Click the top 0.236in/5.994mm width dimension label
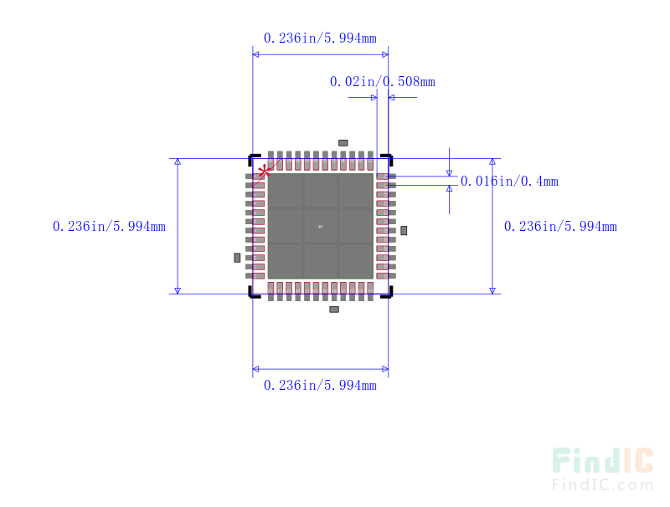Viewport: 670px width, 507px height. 320,38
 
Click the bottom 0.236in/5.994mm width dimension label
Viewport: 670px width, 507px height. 320,385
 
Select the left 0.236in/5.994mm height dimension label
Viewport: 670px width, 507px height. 109,226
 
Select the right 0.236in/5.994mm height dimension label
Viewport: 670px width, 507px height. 560,226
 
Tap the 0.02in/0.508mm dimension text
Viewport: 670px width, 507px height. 382,81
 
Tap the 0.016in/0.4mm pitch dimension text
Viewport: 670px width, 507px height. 509,181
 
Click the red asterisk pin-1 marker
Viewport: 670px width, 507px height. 264,172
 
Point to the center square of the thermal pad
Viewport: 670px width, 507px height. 320,226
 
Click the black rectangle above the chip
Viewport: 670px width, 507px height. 343,143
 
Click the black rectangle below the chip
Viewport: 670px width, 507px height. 334,309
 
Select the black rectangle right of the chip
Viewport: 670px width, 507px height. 404,230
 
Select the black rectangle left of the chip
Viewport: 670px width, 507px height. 237,257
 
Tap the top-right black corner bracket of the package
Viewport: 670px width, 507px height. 387,157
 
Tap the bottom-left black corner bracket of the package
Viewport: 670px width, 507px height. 252,292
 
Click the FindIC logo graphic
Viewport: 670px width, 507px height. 602,461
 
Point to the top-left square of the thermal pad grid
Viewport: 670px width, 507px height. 285,191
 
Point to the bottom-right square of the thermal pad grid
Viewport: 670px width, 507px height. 356,261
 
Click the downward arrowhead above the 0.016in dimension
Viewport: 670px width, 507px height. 450,172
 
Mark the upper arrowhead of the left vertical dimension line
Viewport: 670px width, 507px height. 178,162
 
